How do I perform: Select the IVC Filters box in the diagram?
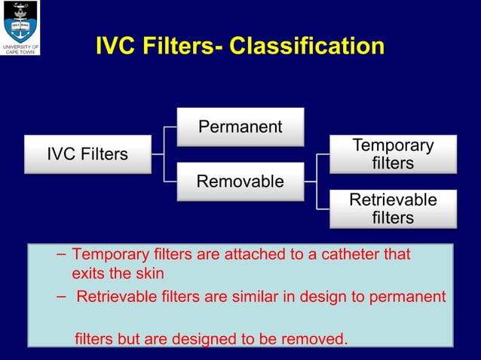[87, 154]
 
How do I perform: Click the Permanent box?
[240, 127]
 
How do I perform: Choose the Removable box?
[240, 182]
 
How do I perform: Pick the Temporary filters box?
[393, 154]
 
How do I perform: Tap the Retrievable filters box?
[393, 209]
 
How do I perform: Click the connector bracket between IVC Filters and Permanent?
[164, 154]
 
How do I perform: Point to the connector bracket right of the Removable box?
[317, 181]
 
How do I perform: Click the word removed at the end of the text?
[315, 339]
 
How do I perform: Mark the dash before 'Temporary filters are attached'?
[60, 255]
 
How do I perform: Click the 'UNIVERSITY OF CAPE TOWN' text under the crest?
[20, 49]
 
